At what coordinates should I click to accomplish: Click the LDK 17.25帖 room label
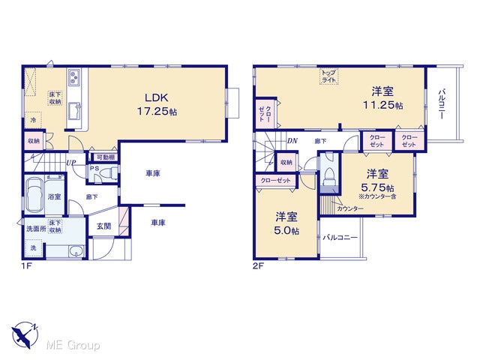(x=157, y=104)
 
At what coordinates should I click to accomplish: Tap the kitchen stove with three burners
(x=74, y=76)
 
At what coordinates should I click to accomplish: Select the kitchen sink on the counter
(x=74, y=112)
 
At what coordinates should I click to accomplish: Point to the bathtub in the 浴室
(x=34, y=195)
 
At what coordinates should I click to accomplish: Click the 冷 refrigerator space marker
(x=33, y=120)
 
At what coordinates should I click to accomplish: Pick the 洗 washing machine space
(x=33, y=247)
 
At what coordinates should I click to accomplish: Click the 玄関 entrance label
(x=103, y=226)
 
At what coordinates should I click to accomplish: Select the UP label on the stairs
(x=70, y=163)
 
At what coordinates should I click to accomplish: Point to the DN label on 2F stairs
(x=292, y=141)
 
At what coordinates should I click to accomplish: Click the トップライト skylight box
(x=328, y=76)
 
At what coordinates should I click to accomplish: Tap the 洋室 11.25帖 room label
(x=382, y=98)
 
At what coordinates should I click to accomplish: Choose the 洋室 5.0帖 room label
(x=286, y=223)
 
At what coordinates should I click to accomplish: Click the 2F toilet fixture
(x=329, y=177)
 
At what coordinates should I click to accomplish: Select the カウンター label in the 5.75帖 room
(x=350, y=208)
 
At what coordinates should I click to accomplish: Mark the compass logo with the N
(x=25, y=334)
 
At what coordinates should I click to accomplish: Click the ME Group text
(x=73, y=345)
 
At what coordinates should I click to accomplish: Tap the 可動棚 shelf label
(x=106, y=157)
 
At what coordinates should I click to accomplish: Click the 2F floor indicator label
(x=258, y=265)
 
